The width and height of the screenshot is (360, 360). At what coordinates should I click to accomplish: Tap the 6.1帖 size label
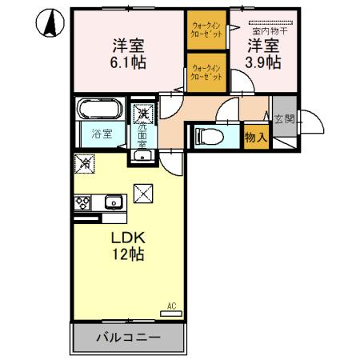point(128,61)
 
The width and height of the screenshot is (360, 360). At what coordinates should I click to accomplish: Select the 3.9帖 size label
point(263,61)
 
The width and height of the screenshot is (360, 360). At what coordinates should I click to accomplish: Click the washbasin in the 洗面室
point(142,154)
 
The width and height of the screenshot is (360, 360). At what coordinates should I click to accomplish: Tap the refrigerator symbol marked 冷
point(85,163)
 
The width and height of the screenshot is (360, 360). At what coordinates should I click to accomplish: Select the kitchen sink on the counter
point(111,201)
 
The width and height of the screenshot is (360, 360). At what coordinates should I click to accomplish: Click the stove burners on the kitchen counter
point(82,202)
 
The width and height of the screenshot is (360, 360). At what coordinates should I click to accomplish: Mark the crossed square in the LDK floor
point(142,193)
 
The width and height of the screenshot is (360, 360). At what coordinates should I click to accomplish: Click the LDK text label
point(127,238)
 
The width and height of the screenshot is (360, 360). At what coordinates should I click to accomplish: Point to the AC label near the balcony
point(172,305)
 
